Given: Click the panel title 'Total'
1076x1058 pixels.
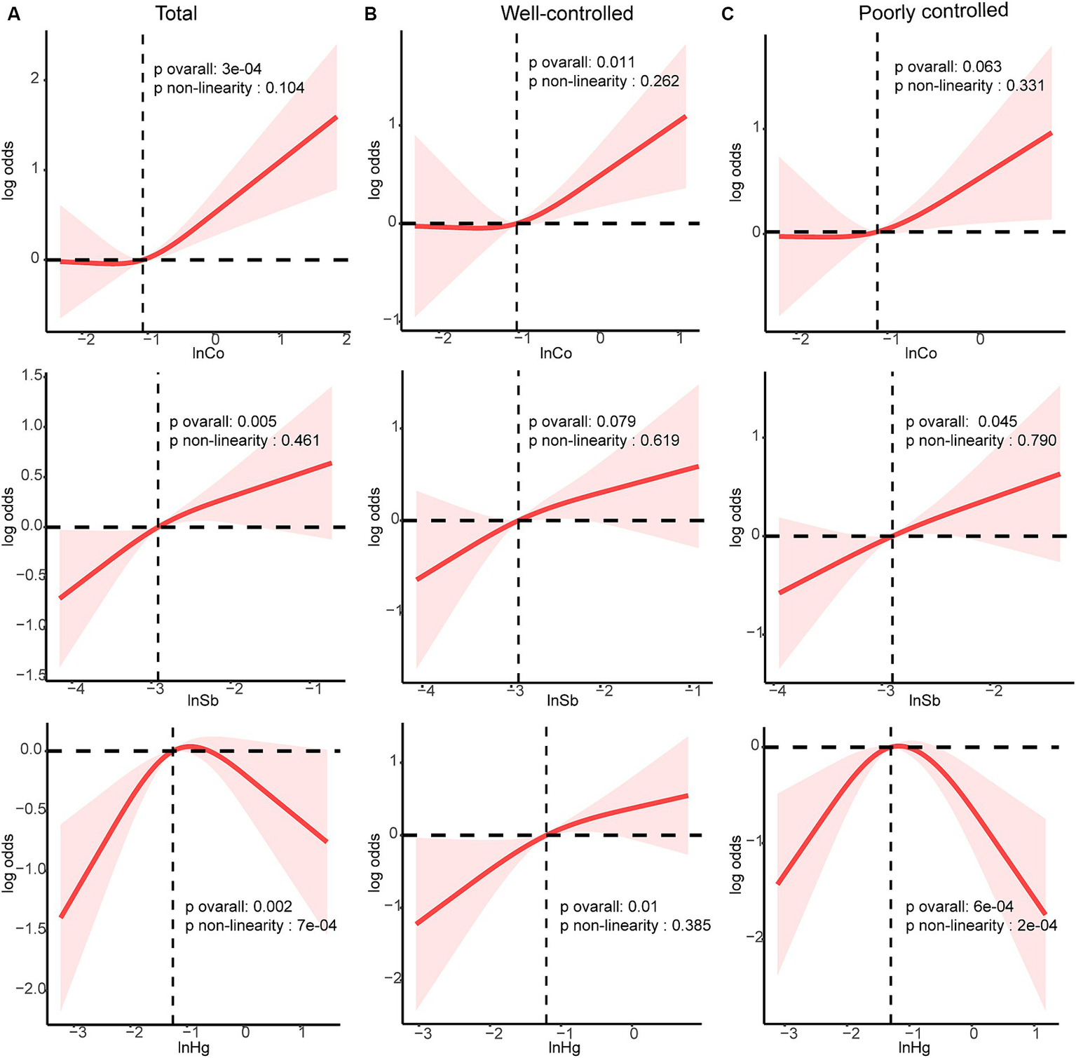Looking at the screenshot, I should pos(176,13).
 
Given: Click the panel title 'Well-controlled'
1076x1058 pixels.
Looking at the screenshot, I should pos(566,13).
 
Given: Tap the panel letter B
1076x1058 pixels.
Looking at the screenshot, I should pos(371,14).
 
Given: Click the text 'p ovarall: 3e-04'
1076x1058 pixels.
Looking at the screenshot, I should pos(207,69).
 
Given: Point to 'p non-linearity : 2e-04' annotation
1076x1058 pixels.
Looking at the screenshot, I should pos(981,925).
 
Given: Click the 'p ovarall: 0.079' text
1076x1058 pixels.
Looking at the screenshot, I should pos(582,421).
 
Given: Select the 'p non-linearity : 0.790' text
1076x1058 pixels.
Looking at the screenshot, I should pos(981,440).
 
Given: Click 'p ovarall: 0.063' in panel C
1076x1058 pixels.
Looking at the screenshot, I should pos(948,67).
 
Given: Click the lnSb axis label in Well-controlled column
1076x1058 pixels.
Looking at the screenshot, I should pos(562,700).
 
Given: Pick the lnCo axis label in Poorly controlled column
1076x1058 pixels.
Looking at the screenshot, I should pos(920,353).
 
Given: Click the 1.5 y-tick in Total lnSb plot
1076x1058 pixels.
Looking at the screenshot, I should pos(32,376).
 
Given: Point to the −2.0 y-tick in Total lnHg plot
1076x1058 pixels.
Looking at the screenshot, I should pos(32,989).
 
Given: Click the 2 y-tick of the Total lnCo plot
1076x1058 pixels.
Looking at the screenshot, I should pos(34,78).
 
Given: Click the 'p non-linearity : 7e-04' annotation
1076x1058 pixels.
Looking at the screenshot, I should pos(261,925).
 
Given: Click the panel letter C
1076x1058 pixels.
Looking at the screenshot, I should pos(728,14).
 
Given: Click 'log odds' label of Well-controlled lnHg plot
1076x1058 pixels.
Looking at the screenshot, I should pos(375,862).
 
